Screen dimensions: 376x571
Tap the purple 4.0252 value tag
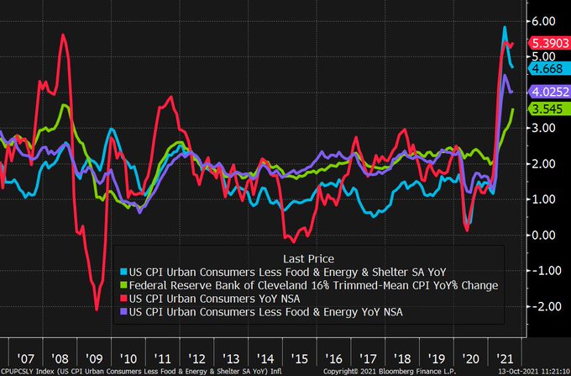coord(547,91)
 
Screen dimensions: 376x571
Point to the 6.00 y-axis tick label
coord(543,20)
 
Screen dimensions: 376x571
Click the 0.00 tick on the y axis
coord(543,235)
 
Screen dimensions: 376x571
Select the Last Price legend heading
coord(308,257)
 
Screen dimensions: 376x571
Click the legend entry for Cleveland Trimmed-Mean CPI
coord(310,285)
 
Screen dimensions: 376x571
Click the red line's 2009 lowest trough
coord(97,310)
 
